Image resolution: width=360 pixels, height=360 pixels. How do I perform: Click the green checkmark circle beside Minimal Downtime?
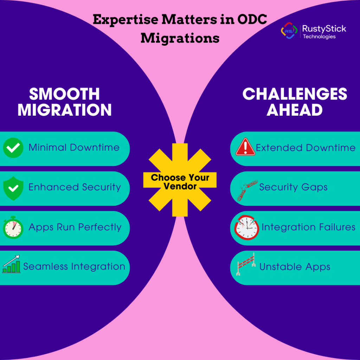(x=13, y=148)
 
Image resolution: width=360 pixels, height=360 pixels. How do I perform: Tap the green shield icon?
(x=13, y=188)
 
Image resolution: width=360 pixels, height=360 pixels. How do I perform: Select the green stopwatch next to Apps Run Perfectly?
(x=13, y=227)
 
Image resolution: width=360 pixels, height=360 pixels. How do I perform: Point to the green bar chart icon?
(x=11, y=264)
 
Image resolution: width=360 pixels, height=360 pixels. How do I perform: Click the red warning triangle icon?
(x=245, y=147)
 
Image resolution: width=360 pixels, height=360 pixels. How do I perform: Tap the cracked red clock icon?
(x=246, y=227)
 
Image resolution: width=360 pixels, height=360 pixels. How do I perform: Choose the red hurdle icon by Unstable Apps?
(x=246, y=264)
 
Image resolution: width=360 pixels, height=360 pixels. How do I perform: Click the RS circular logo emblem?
(x=289, y=31)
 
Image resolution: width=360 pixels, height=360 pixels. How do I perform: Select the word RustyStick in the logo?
(x=324, y=29)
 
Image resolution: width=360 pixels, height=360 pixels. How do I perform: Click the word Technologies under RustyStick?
(x=319, y=37)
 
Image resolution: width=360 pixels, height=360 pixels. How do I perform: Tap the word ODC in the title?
(x=252, y=19)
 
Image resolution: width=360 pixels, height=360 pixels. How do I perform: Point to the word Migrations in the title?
(x=180, y=38)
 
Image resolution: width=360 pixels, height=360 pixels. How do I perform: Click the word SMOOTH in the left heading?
(x=65, y=94)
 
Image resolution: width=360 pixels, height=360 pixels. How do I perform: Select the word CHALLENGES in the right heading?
(x=295, y=94)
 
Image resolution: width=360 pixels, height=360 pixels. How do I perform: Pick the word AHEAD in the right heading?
(x=295, y=110)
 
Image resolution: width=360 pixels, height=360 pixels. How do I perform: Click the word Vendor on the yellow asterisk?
(x=180, y=186)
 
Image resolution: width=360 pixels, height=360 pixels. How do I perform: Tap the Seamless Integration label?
(x=74, y=266)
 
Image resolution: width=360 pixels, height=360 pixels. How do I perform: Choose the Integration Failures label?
(x=309, y=227)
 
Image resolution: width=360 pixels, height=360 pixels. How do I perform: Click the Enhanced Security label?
(x=75, y=187)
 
